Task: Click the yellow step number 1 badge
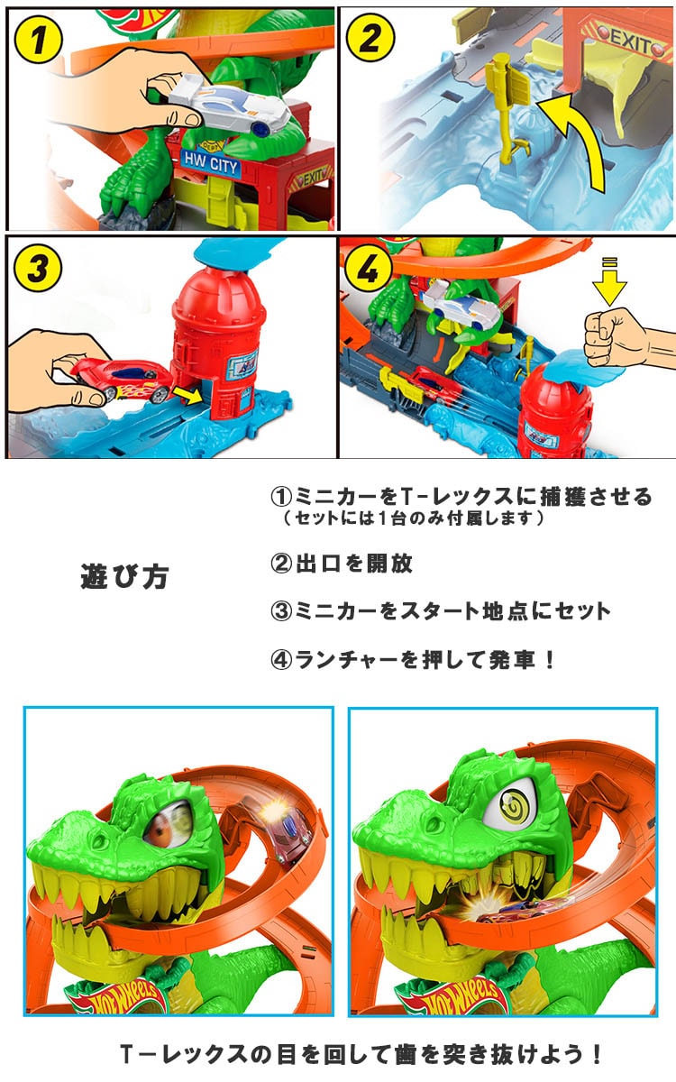click(38, 38)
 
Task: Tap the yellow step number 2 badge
click(370, 37)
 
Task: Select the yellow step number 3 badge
click(38, 268)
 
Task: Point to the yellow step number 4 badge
click(368, 267)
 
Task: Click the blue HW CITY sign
click(211, 163)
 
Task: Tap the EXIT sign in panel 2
click(628, 43)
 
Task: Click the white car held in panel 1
click(229, 105)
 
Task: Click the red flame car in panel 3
click(121, 381)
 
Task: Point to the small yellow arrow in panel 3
click(188, 396)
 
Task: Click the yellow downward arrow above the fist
click(609, 282)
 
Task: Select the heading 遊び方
click(124, 576)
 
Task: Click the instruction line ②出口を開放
click(342, 564)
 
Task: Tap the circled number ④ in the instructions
click(281, 659)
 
